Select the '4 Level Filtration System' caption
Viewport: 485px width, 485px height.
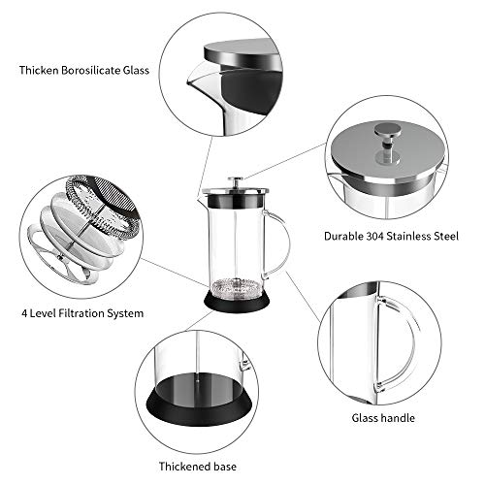click(x=82, y=313)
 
